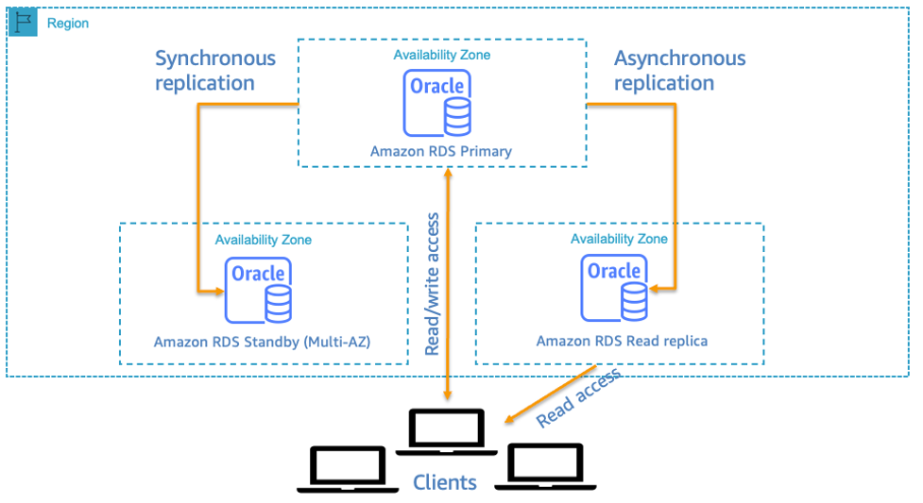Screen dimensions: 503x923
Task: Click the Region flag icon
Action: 22,23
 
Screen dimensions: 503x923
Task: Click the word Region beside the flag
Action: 68,23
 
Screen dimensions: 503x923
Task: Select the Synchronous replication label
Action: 215,71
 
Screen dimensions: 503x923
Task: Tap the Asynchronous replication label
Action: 679,71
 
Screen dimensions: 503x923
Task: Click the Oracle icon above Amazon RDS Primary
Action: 436,103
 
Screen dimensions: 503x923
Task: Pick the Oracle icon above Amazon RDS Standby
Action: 258,290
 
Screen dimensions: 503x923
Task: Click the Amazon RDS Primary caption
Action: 440,151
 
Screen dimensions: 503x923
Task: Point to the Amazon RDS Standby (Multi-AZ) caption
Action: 262,342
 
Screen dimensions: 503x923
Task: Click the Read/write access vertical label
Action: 433,284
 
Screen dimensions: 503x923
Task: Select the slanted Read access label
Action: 579,397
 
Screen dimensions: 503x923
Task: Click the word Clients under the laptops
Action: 445,482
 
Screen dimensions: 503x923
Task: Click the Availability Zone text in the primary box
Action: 442,55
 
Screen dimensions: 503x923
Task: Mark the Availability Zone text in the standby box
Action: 263,240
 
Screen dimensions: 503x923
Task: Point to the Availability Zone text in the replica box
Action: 619,239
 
